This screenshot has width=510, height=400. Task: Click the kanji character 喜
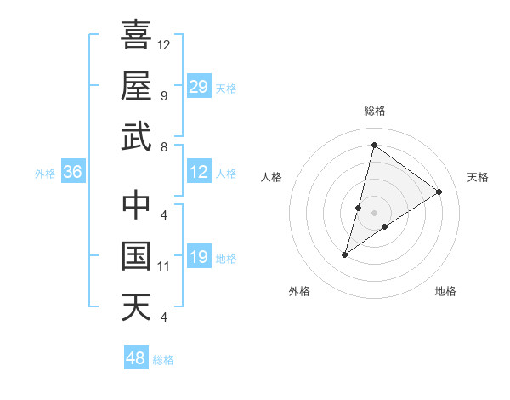136,35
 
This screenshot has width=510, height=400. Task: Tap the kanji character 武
136,136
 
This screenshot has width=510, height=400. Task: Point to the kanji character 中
136,205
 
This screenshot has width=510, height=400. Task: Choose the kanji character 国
136,256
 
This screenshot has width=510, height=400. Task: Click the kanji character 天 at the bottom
136,306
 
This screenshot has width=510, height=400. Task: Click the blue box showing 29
199,87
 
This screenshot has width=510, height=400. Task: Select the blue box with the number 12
199,173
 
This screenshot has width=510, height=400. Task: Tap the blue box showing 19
199,258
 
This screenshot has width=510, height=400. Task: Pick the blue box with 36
73,173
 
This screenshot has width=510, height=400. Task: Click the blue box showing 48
136,358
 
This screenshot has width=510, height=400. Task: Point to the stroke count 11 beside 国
164,266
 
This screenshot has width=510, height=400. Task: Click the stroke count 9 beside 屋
164,95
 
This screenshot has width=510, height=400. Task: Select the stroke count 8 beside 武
164,147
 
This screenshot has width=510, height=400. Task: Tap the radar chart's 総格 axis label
375,111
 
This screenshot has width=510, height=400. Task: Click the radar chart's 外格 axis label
299,291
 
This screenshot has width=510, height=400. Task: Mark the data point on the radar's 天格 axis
439,191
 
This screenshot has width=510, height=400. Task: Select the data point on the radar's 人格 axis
359,207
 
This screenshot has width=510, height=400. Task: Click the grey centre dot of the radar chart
375,213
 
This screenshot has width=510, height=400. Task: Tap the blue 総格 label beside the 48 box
164,360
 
